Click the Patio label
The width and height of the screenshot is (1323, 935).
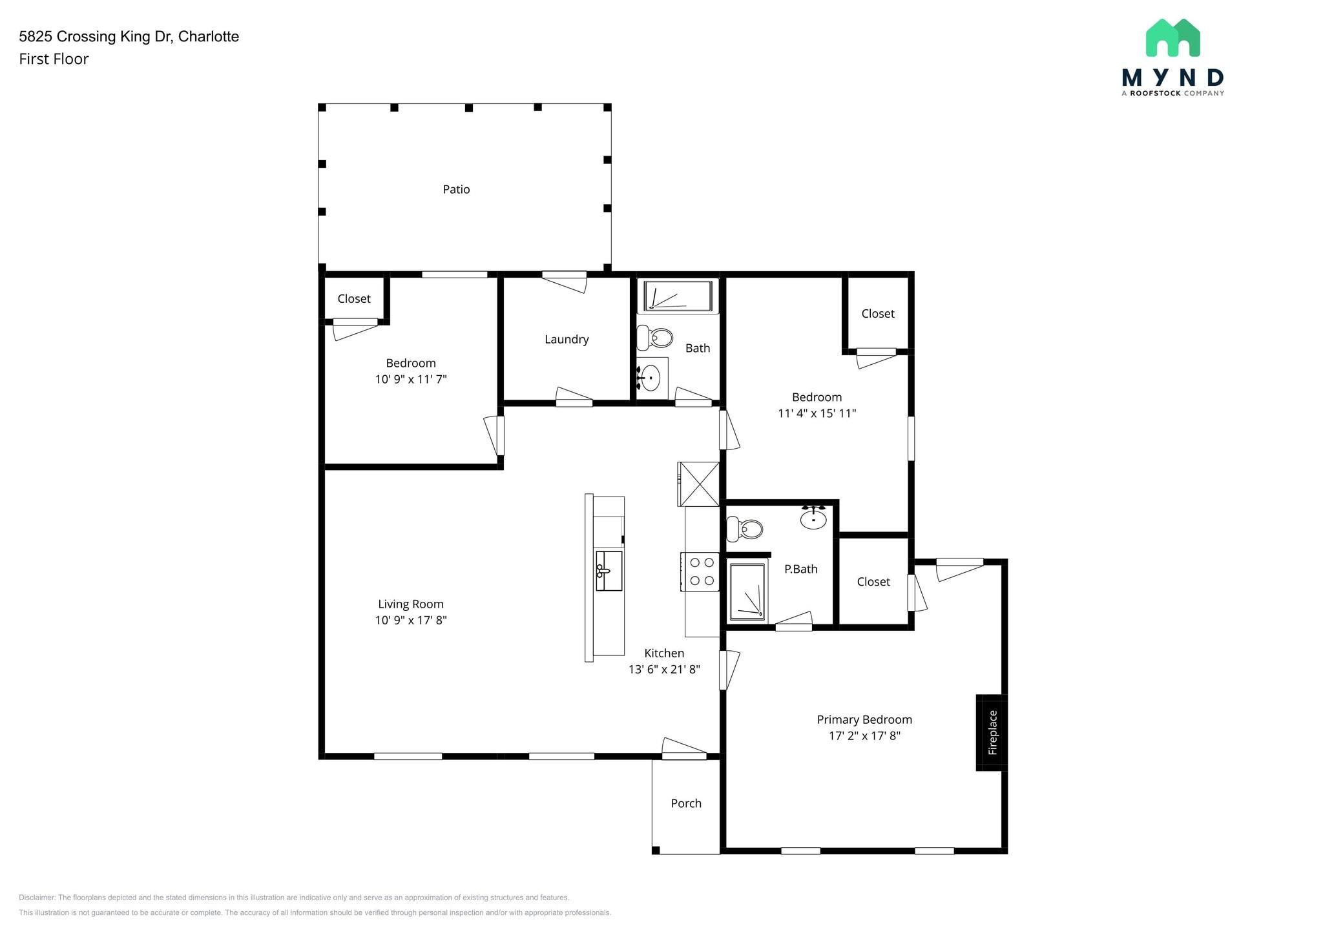456,189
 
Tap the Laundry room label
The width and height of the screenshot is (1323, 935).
567,340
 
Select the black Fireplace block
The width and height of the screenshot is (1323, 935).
992,732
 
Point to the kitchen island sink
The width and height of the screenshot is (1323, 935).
608,571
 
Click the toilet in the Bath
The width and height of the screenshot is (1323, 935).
654,337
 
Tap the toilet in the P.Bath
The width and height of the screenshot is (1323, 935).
744,529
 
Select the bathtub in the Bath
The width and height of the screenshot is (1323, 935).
678,296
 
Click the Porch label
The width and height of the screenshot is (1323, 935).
686,803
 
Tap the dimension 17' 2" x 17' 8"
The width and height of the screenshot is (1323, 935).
864,735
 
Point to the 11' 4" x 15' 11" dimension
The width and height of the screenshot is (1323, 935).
817,413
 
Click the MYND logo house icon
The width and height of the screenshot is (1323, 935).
1172,37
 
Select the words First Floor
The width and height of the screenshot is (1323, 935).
54,59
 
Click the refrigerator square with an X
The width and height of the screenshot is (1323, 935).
698,484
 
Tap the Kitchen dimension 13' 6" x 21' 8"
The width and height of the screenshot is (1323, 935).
664,669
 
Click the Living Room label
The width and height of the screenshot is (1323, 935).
411,604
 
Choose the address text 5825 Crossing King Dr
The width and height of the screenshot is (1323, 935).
96,37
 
